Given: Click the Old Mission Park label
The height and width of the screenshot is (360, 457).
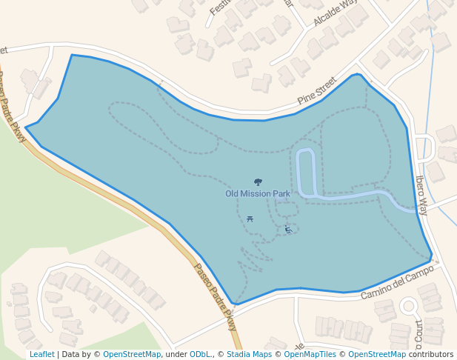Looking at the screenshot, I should click(x=258, y=194).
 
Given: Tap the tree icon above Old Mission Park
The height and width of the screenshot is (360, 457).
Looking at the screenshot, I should click(x=258, y=181).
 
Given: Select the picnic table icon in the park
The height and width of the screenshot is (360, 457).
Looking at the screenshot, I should click(x=250, y=219).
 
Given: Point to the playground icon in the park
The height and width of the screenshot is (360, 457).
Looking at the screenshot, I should click(x=288, y=230).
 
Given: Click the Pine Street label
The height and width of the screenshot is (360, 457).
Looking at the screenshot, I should click(x=316, y=90).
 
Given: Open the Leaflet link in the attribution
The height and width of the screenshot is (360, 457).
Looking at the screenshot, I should click(x=42, y=354).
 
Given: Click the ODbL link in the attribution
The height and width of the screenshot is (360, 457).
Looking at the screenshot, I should click(x=200, y=354).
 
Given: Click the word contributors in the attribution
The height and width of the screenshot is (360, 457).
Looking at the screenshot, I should click(x=431, y=354).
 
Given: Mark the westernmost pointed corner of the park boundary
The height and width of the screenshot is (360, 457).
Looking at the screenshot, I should click(x=26, y=127).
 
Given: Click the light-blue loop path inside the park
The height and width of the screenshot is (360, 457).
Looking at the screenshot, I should click(x=306, y=170).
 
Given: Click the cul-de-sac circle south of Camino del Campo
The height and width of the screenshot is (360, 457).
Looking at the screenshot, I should click(x=408, y=306).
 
